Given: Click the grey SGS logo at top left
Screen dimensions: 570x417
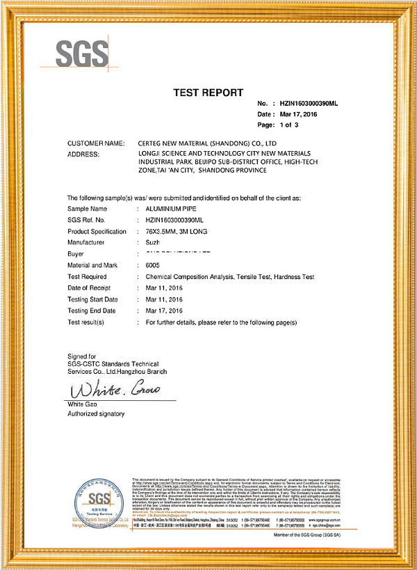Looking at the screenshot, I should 83,52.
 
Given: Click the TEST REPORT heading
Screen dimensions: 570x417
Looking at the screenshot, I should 208,93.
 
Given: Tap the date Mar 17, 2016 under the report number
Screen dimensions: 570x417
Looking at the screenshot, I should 299,114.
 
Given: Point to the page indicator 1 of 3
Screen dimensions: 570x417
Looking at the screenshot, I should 288,125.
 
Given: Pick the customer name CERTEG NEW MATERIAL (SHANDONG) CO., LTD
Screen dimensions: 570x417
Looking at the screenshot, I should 213,143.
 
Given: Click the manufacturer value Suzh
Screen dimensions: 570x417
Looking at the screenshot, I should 152,242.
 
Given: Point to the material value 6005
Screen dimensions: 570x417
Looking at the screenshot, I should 153,265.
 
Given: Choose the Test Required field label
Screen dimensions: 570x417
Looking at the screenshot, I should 91,276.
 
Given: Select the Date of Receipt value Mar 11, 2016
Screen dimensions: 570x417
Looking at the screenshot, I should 164,288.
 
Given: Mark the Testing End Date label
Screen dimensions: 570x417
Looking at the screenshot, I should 92,310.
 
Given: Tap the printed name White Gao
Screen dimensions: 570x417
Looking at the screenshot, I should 82,404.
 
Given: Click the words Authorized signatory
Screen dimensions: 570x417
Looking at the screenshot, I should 96,414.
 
